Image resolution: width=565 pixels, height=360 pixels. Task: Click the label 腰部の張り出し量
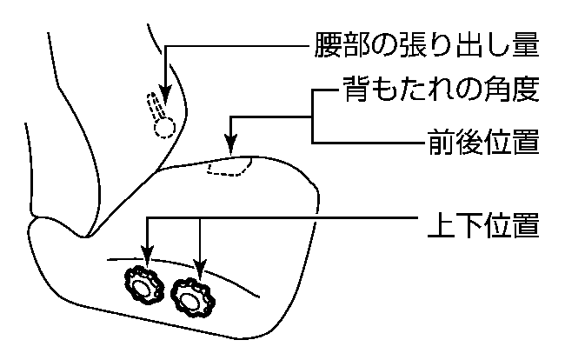(429, 44)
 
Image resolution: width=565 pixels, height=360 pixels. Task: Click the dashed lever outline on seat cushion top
(229, 166)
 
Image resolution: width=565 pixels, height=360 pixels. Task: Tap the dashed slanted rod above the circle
(156, 103)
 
